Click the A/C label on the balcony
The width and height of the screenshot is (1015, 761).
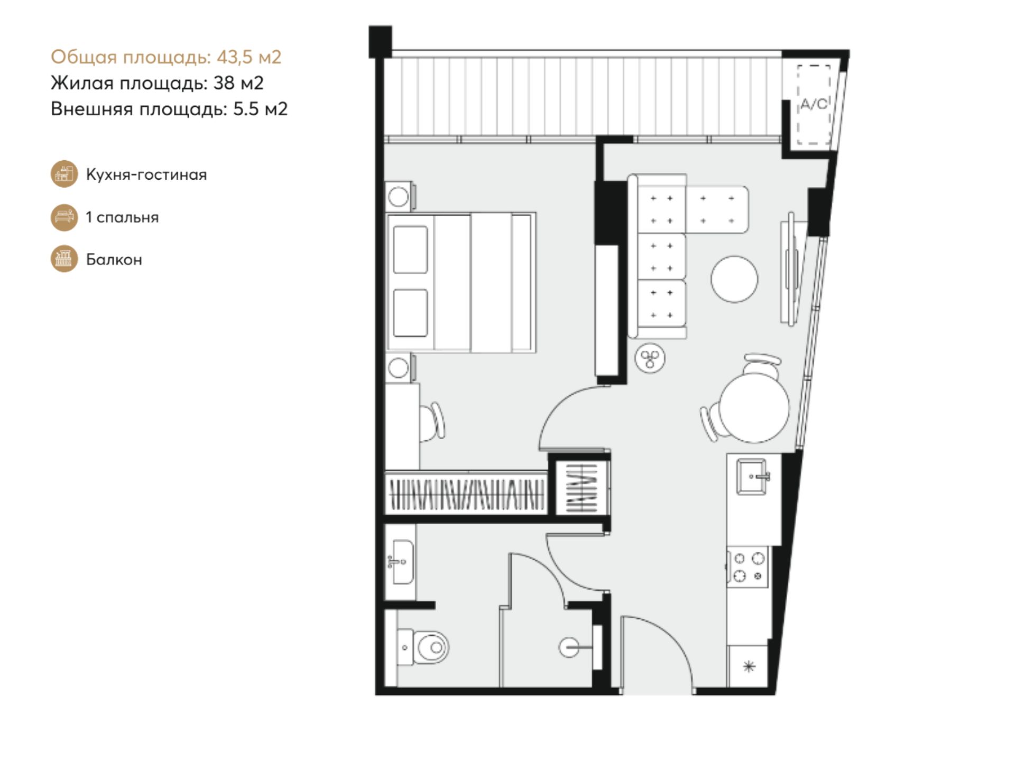point(813,104)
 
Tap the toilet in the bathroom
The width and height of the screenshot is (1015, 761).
point(422,647)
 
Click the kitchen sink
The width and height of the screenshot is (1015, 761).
point(752,477)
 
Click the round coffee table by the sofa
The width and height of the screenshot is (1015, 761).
point(734,279)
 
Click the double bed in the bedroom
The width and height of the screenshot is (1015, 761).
point(461,283)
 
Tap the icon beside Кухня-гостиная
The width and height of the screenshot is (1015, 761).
point(64,174)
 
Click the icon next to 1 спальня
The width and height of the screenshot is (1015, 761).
point(64,217)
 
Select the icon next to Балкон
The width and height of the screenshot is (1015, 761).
point(64,259)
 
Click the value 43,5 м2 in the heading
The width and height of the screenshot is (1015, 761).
point(249,57)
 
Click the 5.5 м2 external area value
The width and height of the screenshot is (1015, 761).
point(261,109)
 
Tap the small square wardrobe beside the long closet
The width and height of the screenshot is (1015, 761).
point(582,487)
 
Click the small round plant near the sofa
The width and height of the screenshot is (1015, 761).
point(650,359)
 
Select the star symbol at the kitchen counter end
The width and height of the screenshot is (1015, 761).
point(749,666)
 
